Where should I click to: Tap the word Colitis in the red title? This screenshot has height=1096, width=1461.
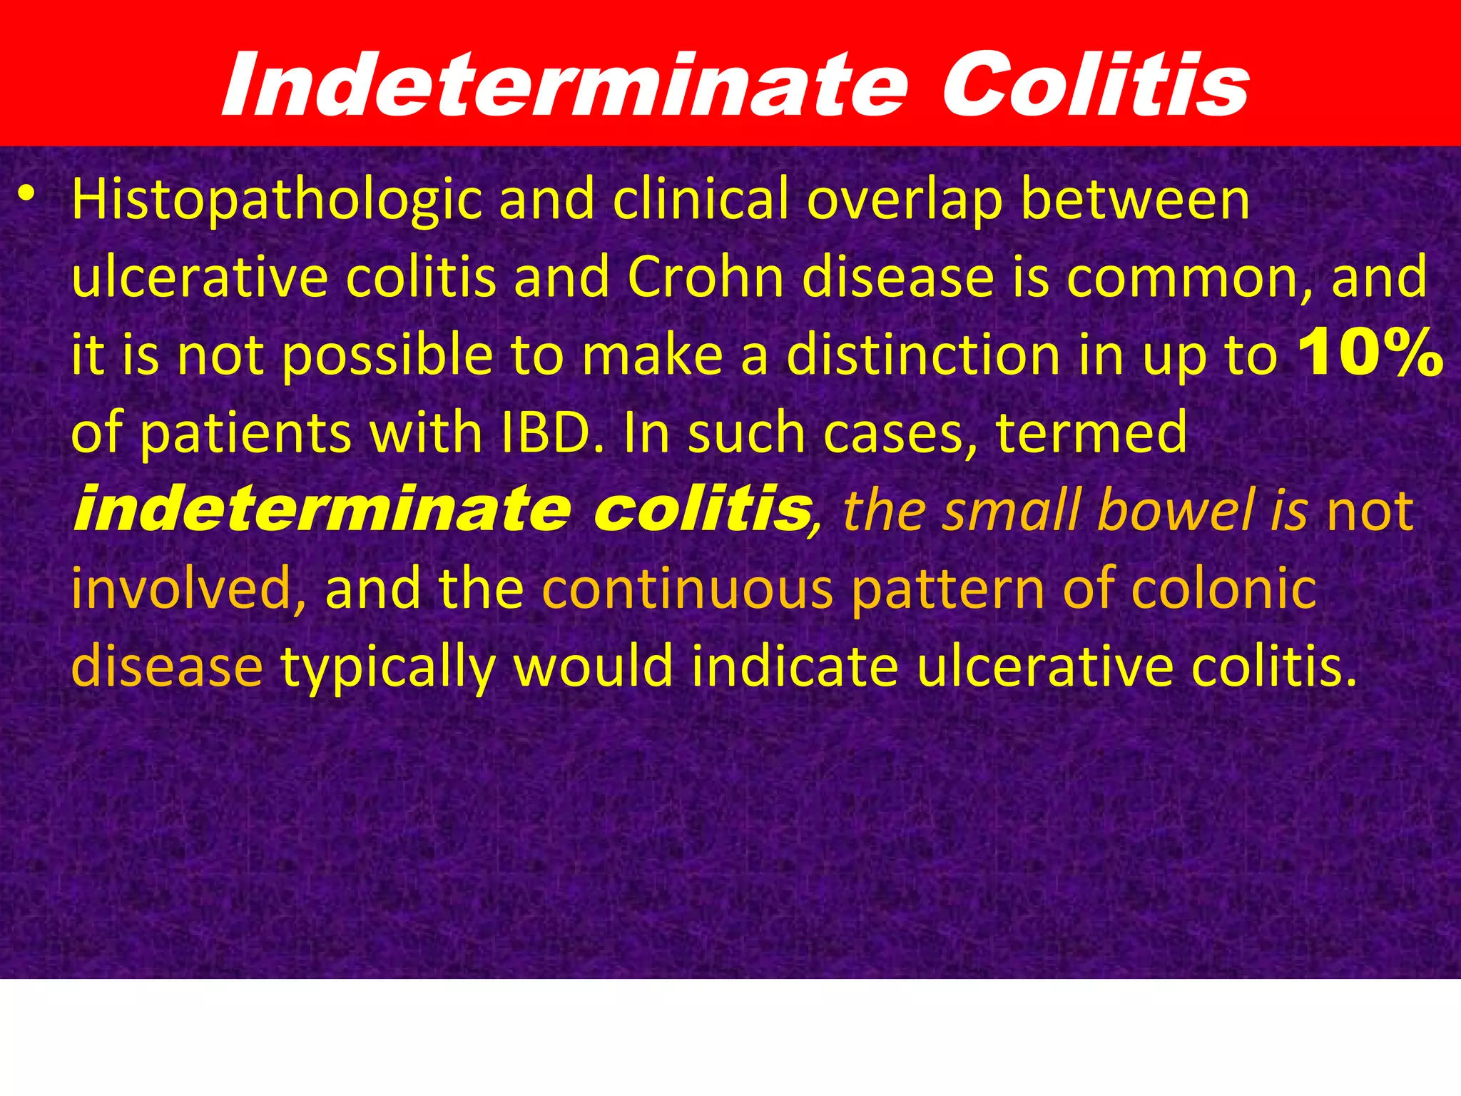[x=1095, y=86]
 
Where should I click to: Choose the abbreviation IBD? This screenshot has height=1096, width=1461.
[x=554, y=433]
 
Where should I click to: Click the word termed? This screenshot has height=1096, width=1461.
[x=1091, y=433]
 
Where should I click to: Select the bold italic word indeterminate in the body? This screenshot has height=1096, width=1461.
[x=322, y=509]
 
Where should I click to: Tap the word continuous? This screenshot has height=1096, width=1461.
[x=688, y=589]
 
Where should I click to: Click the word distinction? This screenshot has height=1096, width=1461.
[x=925, y=355]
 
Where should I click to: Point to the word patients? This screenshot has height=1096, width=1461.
[x=247, y=433]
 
